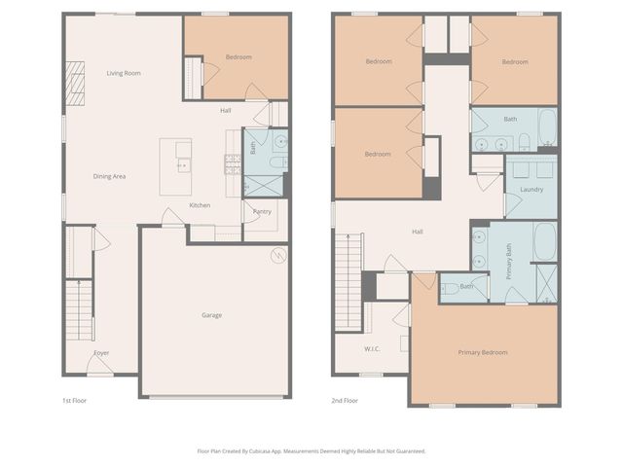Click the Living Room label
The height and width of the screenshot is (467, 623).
(x=124, y=73)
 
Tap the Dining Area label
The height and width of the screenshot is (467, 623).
(x=109, y=176)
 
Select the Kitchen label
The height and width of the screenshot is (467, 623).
(x=200, y=205)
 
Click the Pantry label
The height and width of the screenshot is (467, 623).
(x=262, y=211)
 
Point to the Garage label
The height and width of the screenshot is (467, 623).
(x=211, y=315)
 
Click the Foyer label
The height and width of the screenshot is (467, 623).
(x=101, y=352)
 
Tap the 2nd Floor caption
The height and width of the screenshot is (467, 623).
(x=345, y=400)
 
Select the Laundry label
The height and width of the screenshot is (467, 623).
(x=531, y=189)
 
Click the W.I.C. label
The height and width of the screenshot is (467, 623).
(x=372, y=348)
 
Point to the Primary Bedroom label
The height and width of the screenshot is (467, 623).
(x=483, y=352)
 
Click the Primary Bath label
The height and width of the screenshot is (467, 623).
(x=509, y=262)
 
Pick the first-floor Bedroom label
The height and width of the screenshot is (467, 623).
(x=238, y=57)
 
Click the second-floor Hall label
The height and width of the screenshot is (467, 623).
(x=418, y=232)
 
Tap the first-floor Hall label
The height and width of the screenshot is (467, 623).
(x=226, y=110)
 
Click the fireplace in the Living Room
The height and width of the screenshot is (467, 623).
(x=75, y=82)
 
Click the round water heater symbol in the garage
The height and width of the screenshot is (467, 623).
(x=278, y=255)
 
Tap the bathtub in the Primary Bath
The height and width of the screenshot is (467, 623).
(x=545, y=242)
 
